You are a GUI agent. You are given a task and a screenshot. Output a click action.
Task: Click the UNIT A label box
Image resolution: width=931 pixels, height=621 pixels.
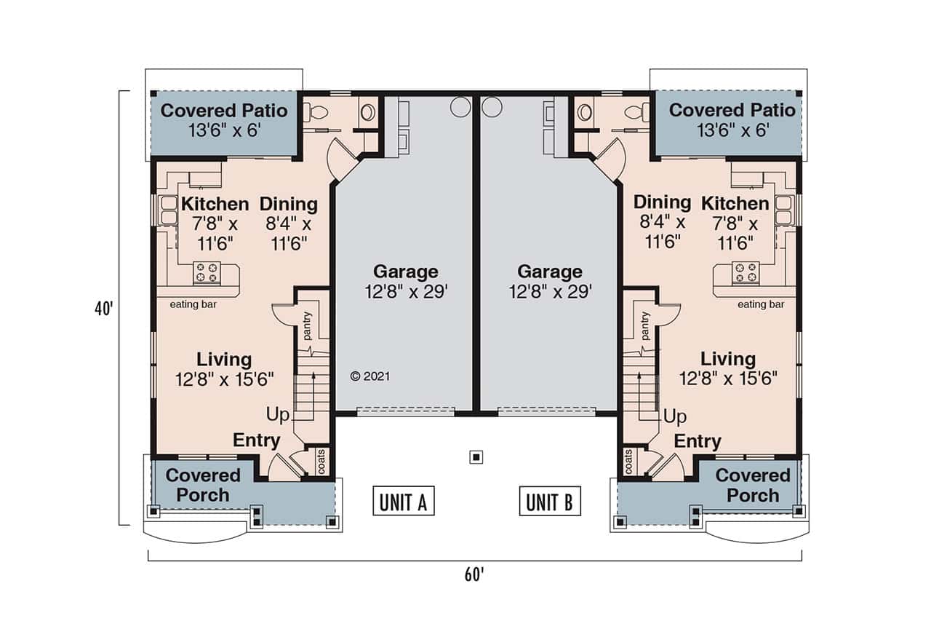(x=403, y=501)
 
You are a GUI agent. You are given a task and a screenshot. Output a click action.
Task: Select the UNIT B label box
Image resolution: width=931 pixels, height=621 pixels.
(x=550, y=501)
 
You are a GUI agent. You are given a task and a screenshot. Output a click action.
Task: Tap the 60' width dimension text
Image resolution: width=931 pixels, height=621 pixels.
(x=474, y=574)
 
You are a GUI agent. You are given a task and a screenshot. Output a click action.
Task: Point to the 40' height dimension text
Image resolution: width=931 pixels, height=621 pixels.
(x=103, y=309)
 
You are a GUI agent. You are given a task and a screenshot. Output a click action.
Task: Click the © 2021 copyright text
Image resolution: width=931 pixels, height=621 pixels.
(x=370, y=376)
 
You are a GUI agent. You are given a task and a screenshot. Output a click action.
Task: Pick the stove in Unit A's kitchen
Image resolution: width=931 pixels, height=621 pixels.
(x=207, y=273)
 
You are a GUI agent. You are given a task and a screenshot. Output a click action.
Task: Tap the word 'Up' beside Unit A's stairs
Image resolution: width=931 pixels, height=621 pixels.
(x=277, y=416)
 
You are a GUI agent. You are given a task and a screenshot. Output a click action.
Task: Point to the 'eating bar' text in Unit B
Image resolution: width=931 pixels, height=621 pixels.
(x=761, y=304)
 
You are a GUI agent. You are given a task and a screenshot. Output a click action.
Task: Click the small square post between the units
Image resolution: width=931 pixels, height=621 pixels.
(x=476, y=457)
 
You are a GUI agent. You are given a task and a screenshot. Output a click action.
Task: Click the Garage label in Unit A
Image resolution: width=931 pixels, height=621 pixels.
(x=405, y=272)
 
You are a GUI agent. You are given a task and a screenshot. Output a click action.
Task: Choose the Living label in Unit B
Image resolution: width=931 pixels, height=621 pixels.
(x=727, y=359)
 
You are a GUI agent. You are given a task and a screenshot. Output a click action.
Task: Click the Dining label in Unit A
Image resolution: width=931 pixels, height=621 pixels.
(x=288, y=204)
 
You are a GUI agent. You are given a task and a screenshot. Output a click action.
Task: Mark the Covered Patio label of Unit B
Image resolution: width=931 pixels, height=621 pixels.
(x=732, y=111)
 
